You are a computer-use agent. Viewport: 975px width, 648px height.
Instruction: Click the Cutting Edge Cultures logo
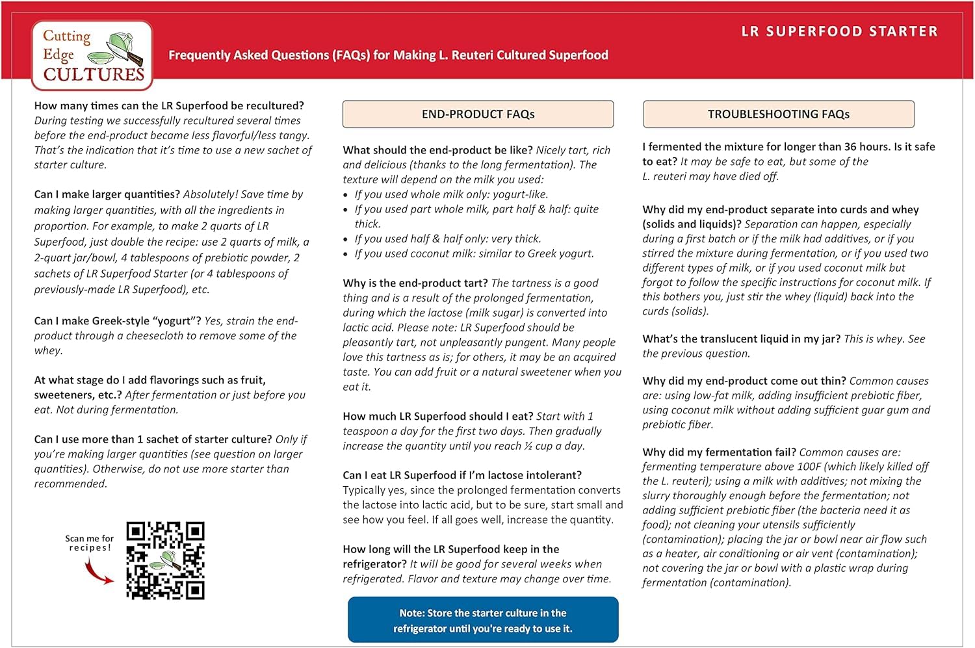(92, 56)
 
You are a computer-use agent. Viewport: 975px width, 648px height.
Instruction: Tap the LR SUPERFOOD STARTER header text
(839, 31)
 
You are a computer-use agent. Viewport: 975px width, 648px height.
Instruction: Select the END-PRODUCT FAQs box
(478, 114)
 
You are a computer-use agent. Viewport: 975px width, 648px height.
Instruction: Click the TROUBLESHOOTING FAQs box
(778, 114)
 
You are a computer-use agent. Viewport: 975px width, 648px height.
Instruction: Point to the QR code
(165, 560)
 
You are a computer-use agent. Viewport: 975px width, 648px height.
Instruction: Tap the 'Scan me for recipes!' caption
(89, 543)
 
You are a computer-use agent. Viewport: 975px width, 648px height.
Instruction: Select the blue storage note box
(483, 620)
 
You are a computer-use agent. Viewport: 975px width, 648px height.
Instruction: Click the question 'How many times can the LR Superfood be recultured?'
(169, 106)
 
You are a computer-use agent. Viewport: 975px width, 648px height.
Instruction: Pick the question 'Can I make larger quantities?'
(107, 194)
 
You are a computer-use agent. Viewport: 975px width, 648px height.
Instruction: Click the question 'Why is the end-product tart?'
(415, 283)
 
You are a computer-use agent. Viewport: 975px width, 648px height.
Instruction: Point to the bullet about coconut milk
(474, 253)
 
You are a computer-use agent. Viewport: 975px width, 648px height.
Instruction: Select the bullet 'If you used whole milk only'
(451, 194)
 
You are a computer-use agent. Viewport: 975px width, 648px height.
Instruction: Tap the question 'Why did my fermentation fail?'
(719, 452)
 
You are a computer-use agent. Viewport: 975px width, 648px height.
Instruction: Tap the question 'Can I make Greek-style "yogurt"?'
(118, 321)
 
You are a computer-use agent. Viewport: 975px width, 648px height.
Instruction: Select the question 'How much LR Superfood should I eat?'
(437, 417)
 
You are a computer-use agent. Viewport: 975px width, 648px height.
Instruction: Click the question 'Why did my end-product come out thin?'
(744, 381)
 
